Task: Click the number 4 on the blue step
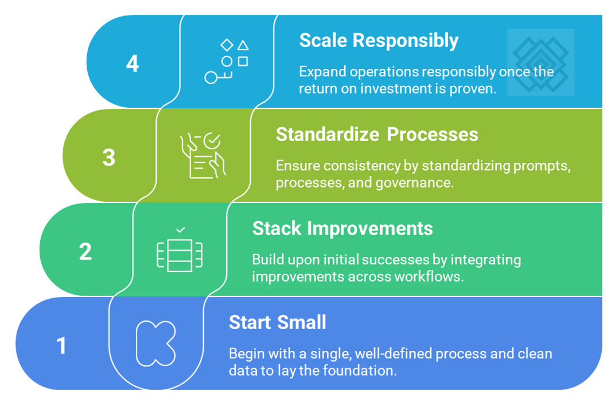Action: pyautogui.click(x=133, y=63)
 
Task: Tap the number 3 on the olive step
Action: pyautogui.click(x=109, y=157)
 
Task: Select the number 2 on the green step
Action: pyautogui.click(x=85, y=251)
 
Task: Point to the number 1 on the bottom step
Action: pyautogui.click(x=61, y=346)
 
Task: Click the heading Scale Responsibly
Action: pyautogui.click(x=379, y=41)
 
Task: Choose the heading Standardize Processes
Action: pyautogui.click(x=377, y=134)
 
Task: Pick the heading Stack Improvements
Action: pyautogui.click(x=342, y=228)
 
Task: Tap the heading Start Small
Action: pyautogui.click(x=277, y=322)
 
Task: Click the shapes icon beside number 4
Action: pyautogui.click(x=227, y=61)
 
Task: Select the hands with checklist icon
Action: pyautogui.click(x=204, y=155)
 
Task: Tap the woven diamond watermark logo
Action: pyautogui.click(x=540, y=62)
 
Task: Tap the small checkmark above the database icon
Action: pyautogui.click(x=180, y=230)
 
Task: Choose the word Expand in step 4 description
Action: pyautogui.click(x=318, y=72)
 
